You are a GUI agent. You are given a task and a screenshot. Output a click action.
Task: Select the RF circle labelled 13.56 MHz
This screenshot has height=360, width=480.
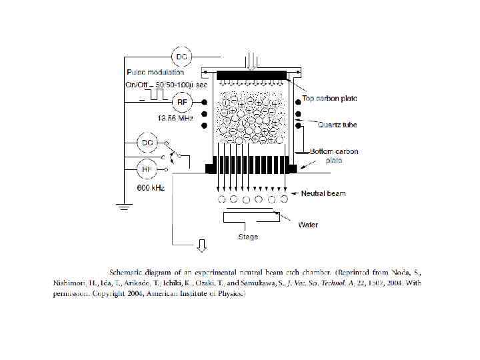(181, 102)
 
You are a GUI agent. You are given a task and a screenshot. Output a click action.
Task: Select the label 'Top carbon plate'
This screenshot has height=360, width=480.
(329, 99)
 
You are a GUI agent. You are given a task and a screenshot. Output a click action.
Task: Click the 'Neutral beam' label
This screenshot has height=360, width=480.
(323, 194)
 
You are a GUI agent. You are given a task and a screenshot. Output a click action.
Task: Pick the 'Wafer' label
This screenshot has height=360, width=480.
(307, 225)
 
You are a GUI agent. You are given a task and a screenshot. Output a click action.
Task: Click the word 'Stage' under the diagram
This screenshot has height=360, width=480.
(248, 237)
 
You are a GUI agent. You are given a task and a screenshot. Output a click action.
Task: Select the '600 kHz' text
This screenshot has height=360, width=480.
(151, 188)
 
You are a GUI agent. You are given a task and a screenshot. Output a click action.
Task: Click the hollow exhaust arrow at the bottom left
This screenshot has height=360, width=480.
(199, 248)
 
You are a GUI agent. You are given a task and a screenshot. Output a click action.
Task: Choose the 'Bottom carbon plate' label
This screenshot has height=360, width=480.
(333, 155)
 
